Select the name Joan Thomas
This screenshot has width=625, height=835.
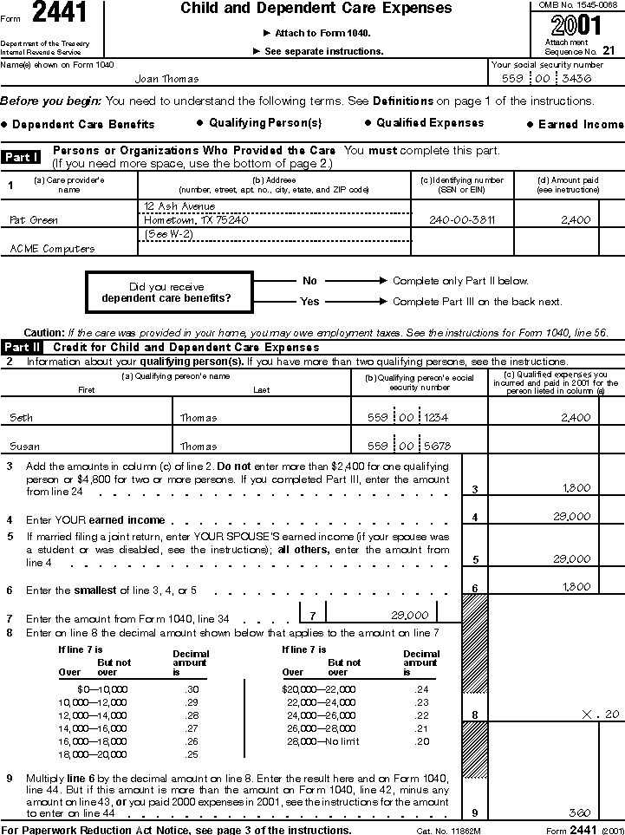[166, 79]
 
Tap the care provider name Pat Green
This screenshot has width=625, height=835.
[34, 220]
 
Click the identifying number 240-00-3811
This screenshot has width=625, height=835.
[462, 220]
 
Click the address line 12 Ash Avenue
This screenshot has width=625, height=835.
[180, 206]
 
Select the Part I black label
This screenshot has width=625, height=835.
[22, 157]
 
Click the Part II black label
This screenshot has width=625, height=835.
[23, 348]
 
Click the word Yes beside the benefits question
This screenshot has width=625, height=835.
[309, 302]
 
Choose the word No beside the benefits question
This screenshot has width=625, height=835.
[309, 281]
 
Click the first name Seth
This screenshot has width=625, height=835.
[21, 418]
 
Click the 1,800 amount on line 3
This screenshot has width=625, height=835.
[576, 488]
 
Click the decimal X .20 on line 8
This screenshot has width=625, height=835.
[602, 714]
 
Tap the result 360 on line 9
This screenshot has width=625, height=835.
[580, 813]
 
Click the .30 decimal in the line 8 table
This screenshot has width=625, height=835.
[192, 689]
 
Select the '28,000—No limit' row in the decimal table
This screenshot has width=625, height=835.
[318, 743]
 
